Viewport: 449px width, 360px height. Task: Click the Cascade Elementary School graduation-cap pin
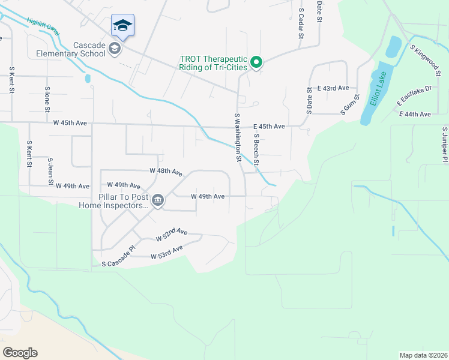tap(122, 26)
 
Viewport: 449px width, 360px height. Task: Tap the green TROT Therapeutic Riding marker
tap(256, 62)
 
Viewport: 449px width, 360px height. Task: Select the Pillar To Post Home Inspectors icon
tap(158, 200)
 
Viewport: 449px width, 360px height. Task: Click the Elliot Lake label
tap(378, 88)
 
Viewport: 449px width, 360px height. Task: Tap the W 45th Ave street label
tap(70, 123)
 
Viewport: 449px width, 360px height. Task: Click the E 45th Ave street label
tap(268, 127)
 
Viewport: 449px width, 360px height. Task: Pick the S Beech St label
tap(256, 149)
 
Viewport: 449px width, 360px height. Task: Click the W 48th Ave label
tap(166, 172)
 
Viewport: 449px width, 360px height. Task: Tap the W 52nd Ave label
tap(172, 235)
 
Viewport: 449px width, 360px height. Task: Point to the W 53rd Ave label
tap(167, 252)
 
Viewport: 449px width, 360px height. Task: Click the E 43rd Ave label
tap(333, 88)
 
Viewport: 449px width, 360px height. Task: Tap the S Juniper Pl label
tap(445, 145)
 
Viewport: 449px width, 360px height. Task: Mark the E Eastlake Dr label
tap(415, 97)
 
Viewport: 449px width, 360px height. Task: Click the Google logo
tap(20, 353)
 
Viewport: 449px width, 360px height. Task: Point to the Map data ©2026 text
tap(423, 355)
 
